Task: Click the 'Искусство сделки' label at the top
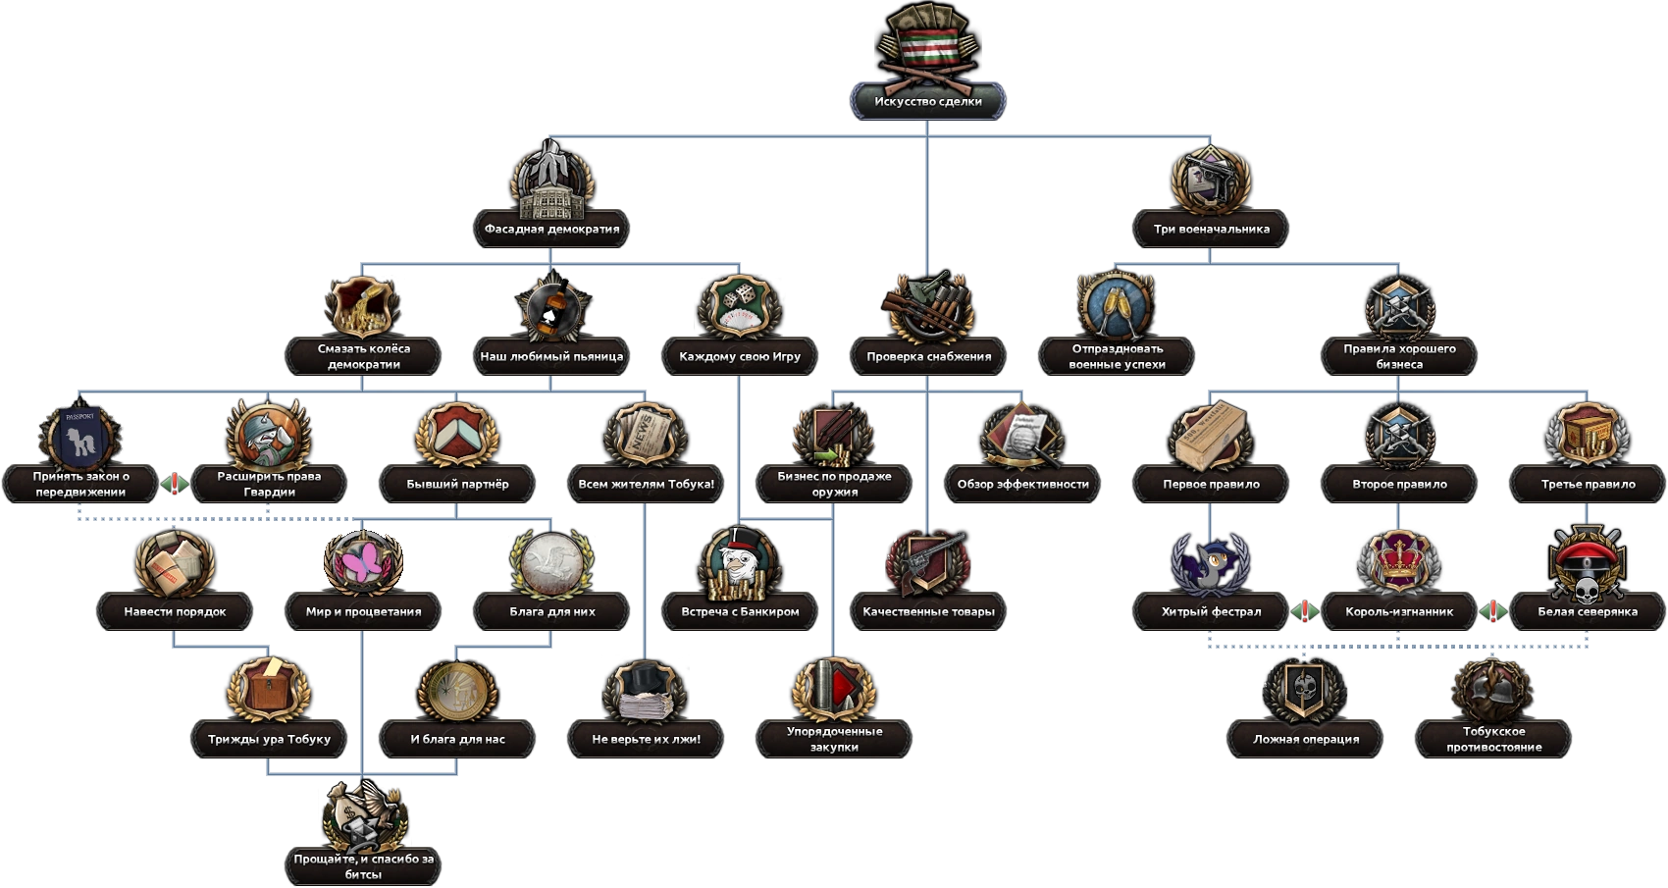pos(927,101)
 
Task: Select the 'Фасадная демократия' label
pos(551,229)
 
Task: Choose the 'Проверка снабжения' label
pos(928,356)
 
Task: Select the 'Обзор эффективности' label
pos(1022,484)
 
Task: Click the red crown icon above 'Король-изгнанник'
pos(1399,560)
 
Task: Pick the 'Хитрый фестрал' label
pos(1211,611)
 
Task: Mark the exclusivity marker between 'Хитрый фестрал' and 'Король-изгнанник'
pos(1304,611)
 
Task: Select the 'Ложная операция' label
pos(1305,739)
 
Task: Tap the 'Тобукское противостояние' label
pos(1493,739)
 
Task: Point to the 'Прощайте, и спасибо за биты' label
pos(363,866)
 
